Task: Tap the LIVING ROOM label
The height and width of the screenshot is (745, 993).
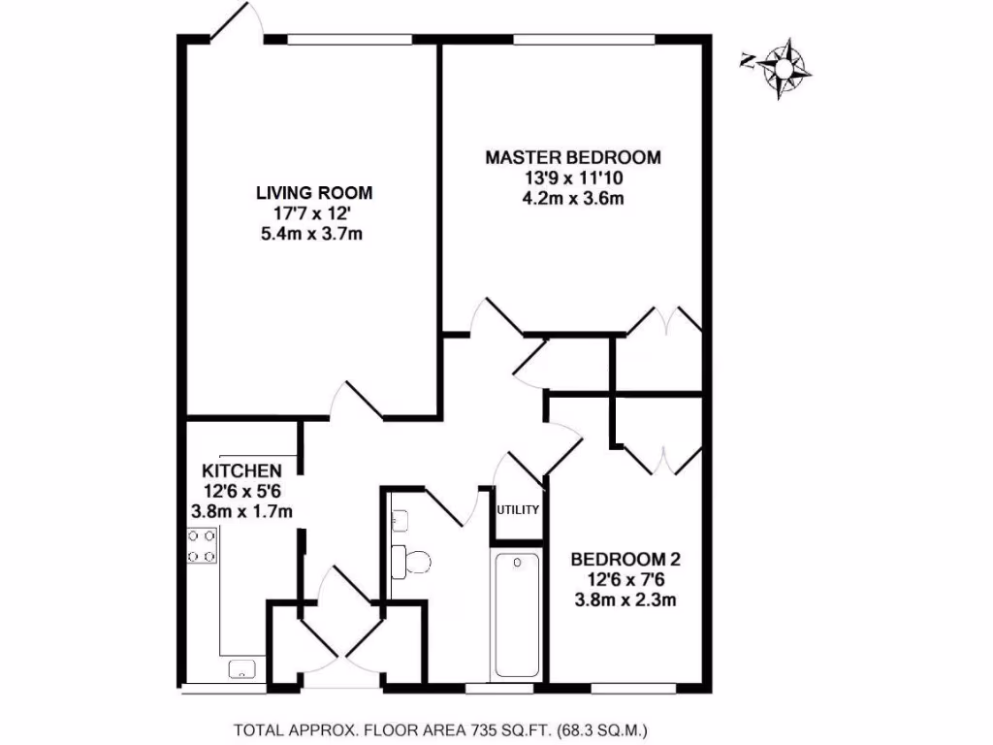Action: [x=314, y=193]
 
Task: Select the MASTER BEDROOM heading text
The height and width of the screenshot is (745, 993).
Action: [x=573, y=157]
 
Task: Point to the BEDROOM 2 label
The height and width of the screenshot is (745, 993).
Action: [x=625, y=559]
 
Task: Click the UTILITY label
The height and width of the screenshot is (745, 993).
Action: [x=518, y=509]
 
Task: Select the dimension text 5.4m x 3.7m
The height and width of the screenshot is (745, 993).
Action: [x=314, y=234]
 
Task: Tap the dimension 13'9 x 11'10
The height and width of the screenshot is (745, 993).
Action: [x=573, y=178]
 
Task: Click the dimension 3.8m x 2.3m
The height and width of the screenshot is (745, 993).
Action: [x=625, y=599]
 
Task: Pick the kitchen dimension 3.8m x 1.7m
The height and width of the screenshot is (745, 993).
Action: [x=241, y=510]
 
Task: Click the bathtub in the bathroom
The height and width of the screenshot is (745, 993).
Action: [x=515, y=615]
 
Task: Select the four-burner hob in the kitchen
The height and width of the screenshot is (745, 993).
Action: [x=202, y=545]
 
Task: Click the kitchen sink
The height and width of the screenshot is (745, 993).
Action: [x=241, y=668]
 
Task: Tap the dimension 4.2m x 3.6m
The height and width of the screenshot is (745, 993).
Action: [x=573, y=199]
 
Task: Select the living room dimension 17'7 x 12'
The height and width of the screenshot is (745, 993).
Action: [x=314, y=213]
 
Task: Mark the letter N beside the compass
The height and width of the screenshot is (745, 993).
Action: [x=747, y=61]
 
